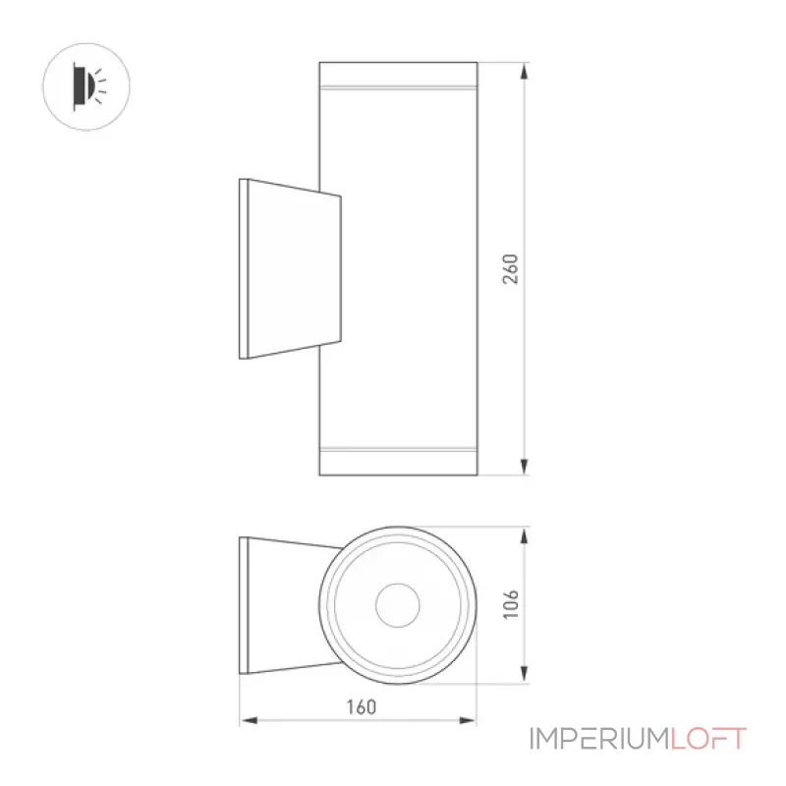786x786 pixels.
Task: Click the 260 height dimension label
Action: [510, 269]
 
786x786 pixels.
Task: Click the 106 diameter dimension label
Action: [510, 604]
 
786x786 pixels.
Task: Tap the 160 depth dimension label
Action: [362, 706]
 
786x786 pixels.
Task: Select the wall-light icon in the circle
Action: [88, 86]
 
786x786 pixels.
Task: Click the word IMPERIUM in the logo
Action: [599, 739]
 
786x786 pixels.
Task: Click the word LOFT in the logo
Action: [708, 739]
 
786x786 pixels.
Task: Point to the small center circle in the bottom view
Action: [398, 605]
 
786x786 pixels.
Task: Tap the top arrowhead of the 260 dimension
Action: [525, 71]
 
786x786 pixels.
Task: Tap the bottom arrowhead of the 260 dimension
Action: [525, 467]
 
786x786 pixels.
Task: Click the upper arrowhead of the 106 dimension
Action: [525, 535]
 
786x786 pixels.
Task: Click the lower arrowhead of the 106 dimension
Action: [525, 675]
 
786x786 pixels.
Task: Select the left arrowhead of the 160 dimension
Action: [250, 720]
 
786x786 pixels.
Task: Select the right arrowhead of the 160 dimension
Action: [468, 720]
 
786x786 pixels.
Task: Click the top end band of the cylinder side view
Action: [399, 75]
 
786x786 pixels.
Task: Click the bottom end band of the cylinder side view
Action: [399, 461]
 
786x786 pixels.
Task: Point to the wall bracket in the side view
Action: [290, 268]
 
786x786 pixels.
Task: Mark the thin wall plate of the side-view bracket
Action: [244, 268]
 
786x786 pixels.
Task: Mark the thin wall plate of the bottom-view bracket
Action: [244, 605]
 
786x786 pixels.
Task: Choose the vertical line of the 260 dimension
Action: [525, 268]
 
